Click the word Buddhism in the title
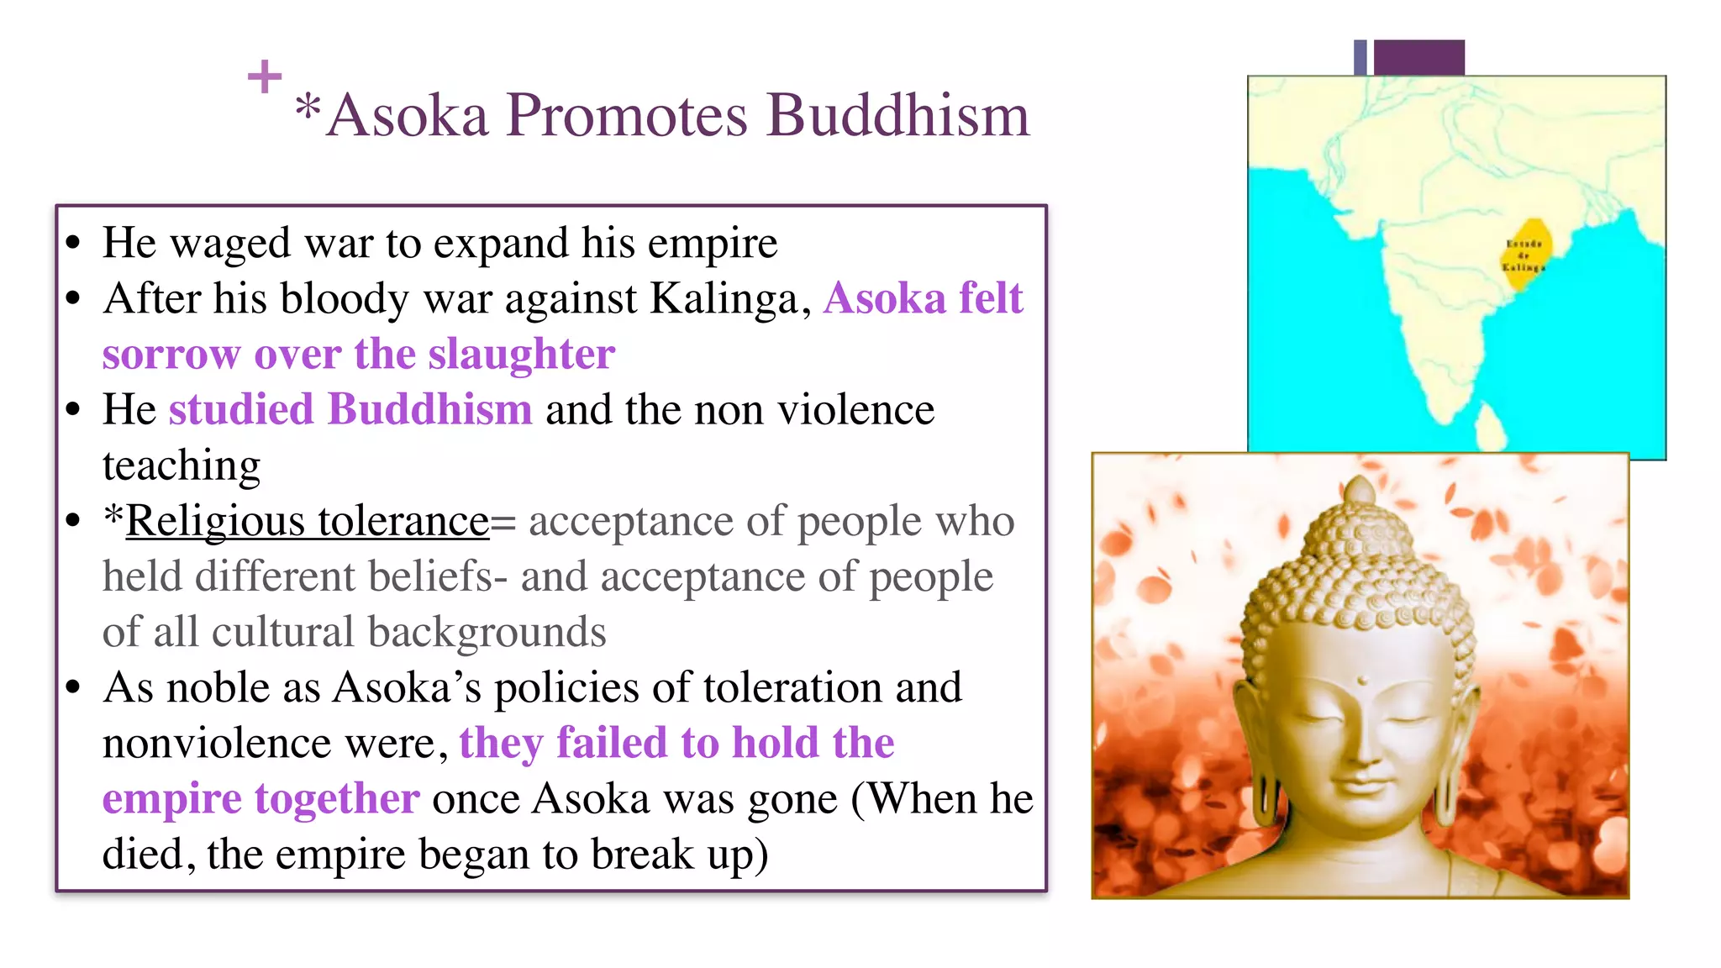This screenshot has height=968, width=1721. (x=897, y=115)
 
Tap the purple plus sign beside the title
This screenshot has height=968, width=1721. (x=265, y=76)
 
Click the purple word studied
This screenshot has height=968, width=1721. (x=240, y=409)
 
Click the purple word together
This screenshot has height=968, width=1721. (x=337, y=798)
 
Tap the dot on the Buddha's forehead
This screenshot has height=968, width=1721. (x=1362, y=681)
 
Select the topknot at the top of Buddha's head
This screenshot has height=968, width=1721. (x=1360, y=490)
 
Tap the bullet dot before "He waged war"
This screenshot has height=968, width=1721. (x=74, y=244)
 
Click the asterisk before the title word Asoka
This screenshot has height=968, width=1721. (x=308, y=109)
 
